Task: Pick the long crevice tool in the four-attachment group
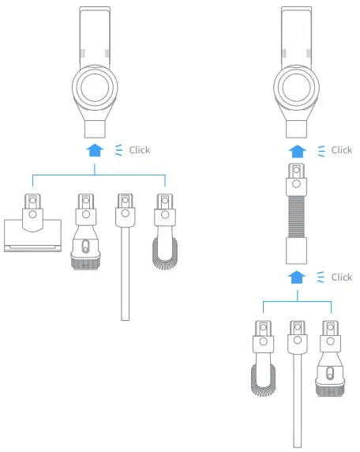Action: coord(124,261)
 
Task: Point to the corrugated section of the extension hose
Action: coord(297,217)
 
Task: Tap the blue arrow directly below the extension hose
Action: coord(297,277)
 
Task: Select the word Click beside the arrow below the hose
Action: coord(341,277)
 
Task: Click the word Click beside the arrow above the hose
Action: coord(341,149)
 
